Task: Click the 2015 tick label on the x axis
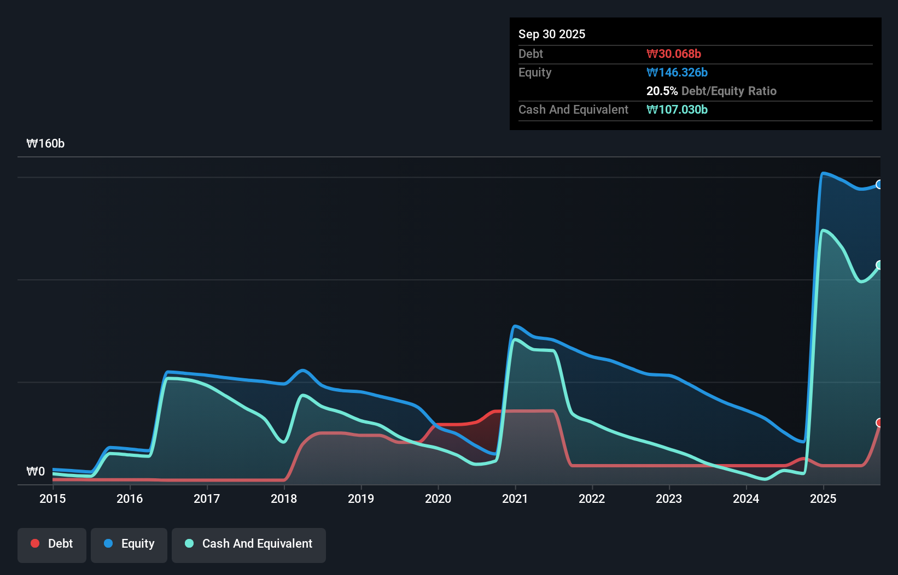[x=53, y=498]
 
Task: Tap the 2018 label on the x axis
[x=284, y=498]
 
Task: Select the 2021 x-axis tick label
[x=515, y=498]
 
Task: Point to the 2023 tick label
[x=669, y=498]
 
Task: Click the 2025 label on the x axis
[x=823, y=498]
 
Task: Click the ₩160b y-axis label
[x=45, y=143]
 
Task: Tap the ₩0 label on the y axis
[x=36, y=471]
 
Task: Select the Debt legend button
[x=52, y=544]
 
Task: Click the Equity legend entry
[x=129, y=544]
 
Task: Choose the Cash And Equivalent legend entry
[x=249, y=544]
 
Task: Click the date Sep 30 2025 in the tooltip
[x=552, y=34]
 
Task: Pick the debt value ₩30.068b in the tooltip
[x=674, y=54]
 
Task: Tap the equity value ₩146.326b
[x=677, y=72]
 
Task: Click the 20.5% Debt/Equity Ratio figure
[x=711, y=91]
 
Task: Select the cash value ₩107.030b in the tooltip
[x=677, y=109]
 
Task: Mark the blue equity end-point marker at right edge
[x=879, y=184]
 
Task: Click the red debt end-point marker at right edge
[x=879, y=423]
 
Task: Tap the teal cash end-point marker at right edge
[x=879, y=265]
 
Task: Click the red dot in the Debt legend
[x=35, y=543]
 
